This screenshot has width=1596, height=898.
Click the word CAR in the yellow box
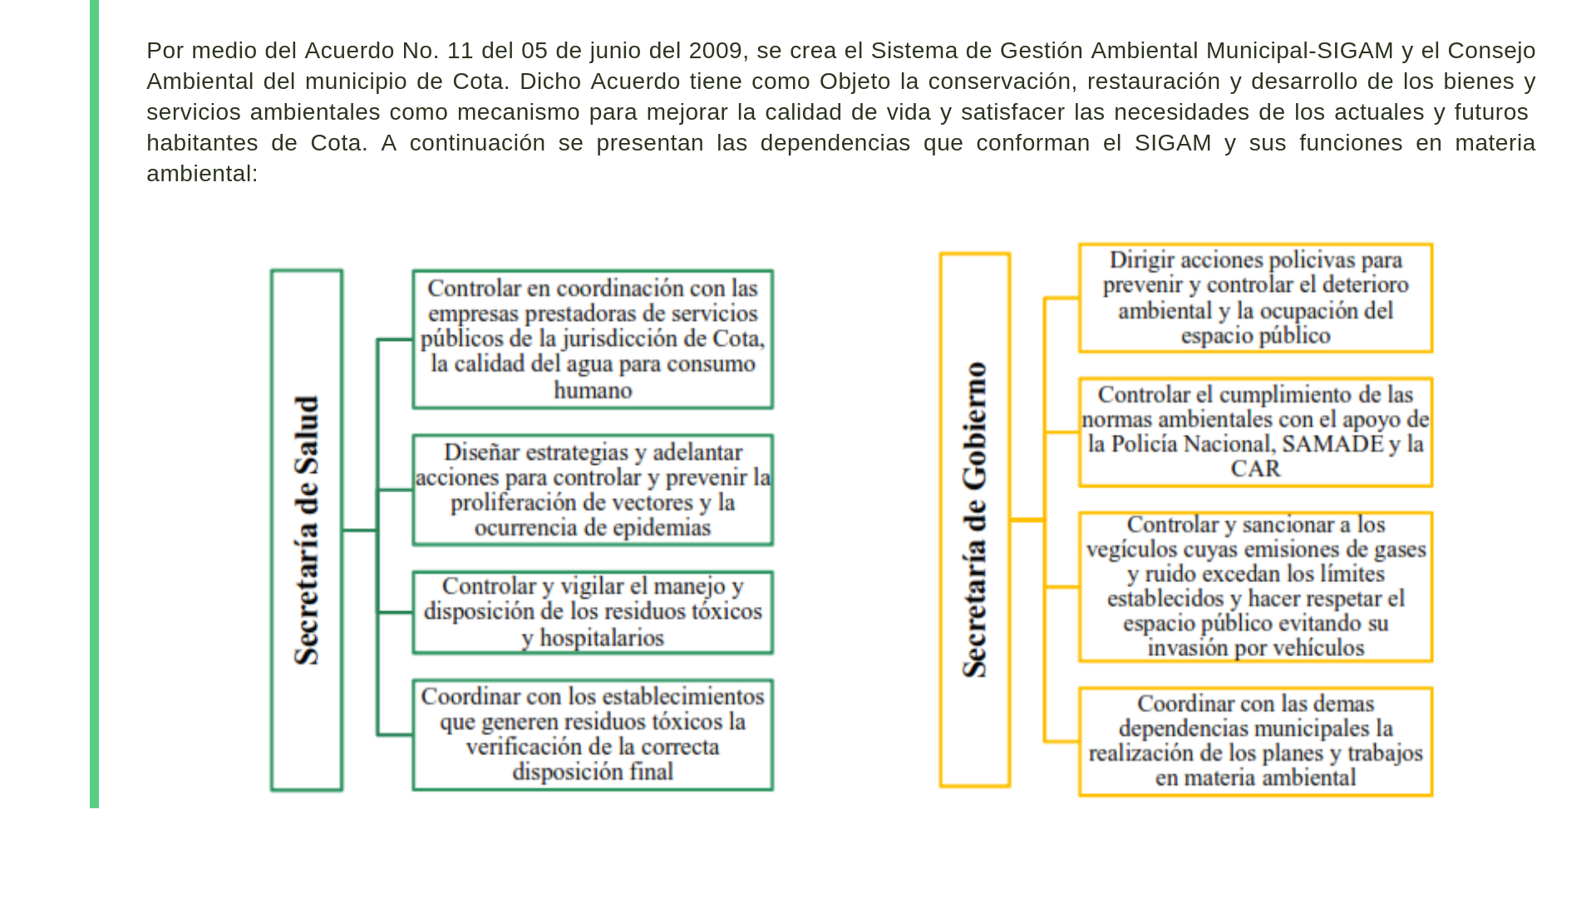click(x=1255, y=469)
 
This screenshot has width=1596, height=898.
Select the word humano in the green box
click(x=593, y=390)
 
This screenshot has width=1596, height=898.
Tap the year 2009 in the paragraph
click(x=716, y=51)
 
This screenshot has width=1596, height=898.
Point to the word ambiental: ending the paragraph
click(x=202, y=174)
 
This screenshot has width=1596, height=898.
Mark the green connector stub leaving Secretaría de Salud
click(x=360, y=530)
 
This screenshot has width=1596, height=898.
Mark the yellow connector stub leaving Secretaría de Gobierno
click(x=1027, y=520)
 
